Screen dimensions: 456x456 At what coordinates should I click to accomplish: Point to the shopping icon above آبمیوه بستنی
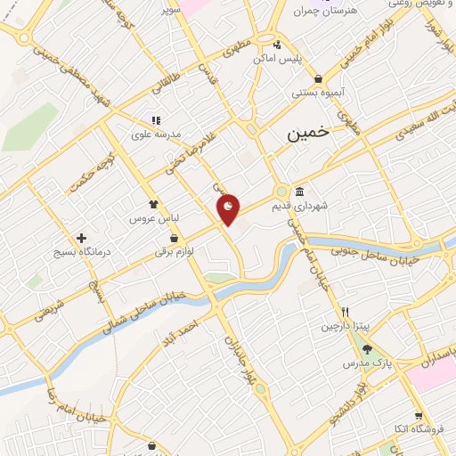(x=318, y=78)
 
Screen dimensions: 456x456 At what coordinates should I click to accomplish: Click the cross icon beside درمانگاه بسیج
(x=82, y=238)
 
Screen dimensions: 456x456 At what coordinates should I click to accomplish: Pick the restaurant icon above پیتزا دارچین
(x=345, y=313)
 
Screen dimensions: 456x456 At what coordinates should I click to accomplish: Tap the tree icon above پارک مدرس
(x=379, y=350)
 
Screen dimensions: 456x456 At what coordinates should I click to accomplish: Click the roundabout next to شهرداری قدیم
(x=281, y=191)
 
